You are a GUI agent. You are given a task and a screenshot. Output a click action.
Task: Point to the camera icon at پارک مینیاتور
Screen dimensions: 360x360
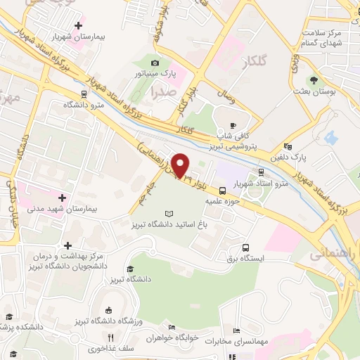[x=156, y=63]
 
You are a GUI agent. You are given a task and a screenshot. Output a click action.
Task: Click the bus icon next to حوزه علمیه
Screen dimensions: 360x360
[x=222, y=190]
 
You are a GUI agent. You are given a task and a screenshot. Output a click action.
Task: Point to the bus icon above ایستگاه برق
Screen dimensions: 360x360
[x=245, y=247]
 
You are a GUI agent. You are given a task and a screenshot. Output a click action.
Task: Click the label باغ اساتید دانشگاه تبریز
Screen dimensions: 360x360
[x=169, y=224]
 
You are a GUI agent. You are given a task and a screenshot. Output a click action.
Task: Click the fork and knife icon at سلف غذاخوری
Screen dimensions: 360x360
[x=110, y=338]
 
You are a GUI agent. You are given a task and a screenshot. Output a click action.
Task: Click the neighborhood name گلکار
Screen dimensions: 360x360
[x=253, y=63]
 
